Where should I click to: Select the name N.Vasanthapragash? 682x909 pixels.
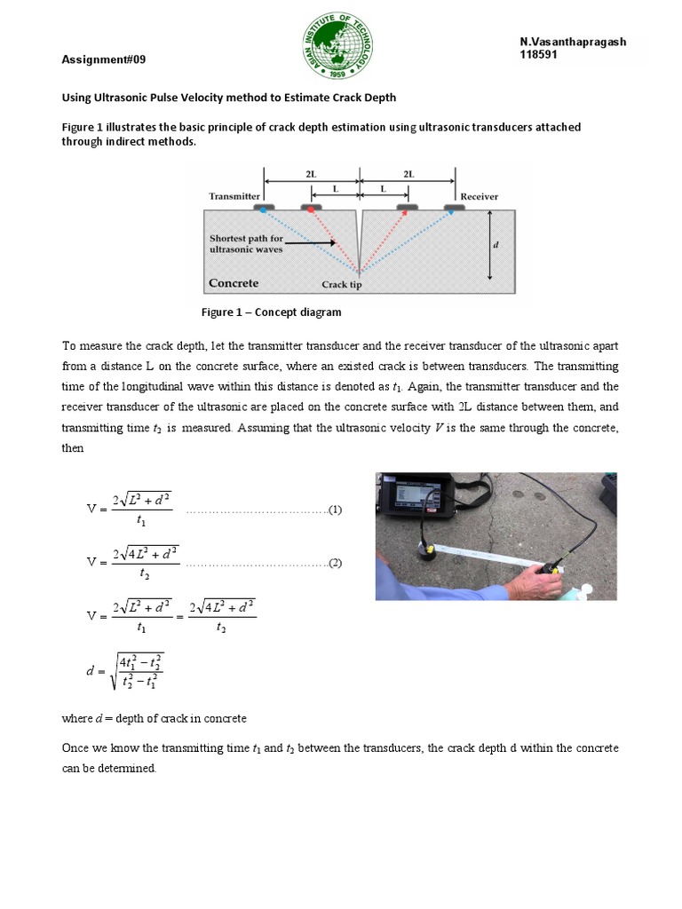click(573, 43)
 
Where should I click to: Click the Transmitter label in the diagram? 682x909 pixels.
click(234, 196)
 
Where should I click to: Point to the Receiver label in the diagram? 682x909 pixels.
click(479, 196)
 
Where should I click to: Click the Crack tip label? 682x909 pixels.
click(342, 285)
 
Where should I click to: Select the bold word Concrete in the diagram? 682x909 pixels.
click(234, 283)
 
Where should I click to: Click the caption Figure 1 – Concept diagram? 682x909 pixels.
click(271, 312)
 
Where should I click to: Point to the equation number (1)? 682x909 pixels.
click(335, 510)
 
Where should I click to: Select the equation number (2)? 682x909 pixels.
click(335, 563)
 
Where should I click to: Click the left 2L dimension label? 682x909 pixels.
click(310, 175)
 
